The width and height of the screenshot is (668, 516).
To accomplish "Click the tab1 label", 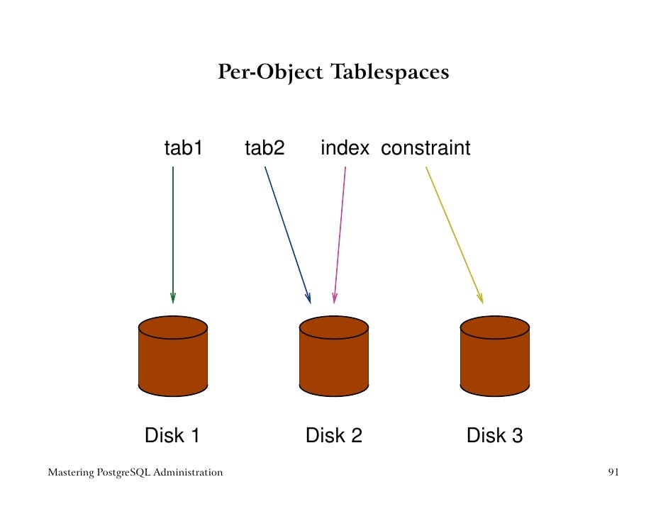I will pos(184,148).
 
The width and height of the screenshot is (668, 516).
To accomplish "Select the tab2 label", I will pos(264,148).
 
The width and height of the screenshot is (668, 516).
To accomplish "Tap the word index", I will pos(345,148).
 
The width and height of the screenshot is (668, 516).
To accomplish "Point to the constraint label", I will pos(425,148).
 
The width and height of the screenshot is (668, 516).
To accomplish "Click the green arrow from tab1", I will pos(173,234).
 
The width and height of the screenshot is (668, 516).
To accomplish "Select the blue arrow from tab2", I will pos(287,234).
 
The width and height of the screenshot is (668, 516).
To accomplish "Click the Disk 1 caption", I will pos(172,435).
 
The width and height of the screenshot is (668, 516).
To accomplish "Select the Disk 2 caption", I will pos(334,435).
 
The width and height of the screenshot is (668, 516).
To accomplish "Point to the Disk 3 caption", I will pos(495,435).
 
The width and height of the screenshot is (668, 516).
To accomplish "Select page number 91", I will pos(614,472).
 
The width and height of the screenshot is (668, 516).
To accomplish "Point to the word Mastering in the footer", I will pos(69,472).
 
